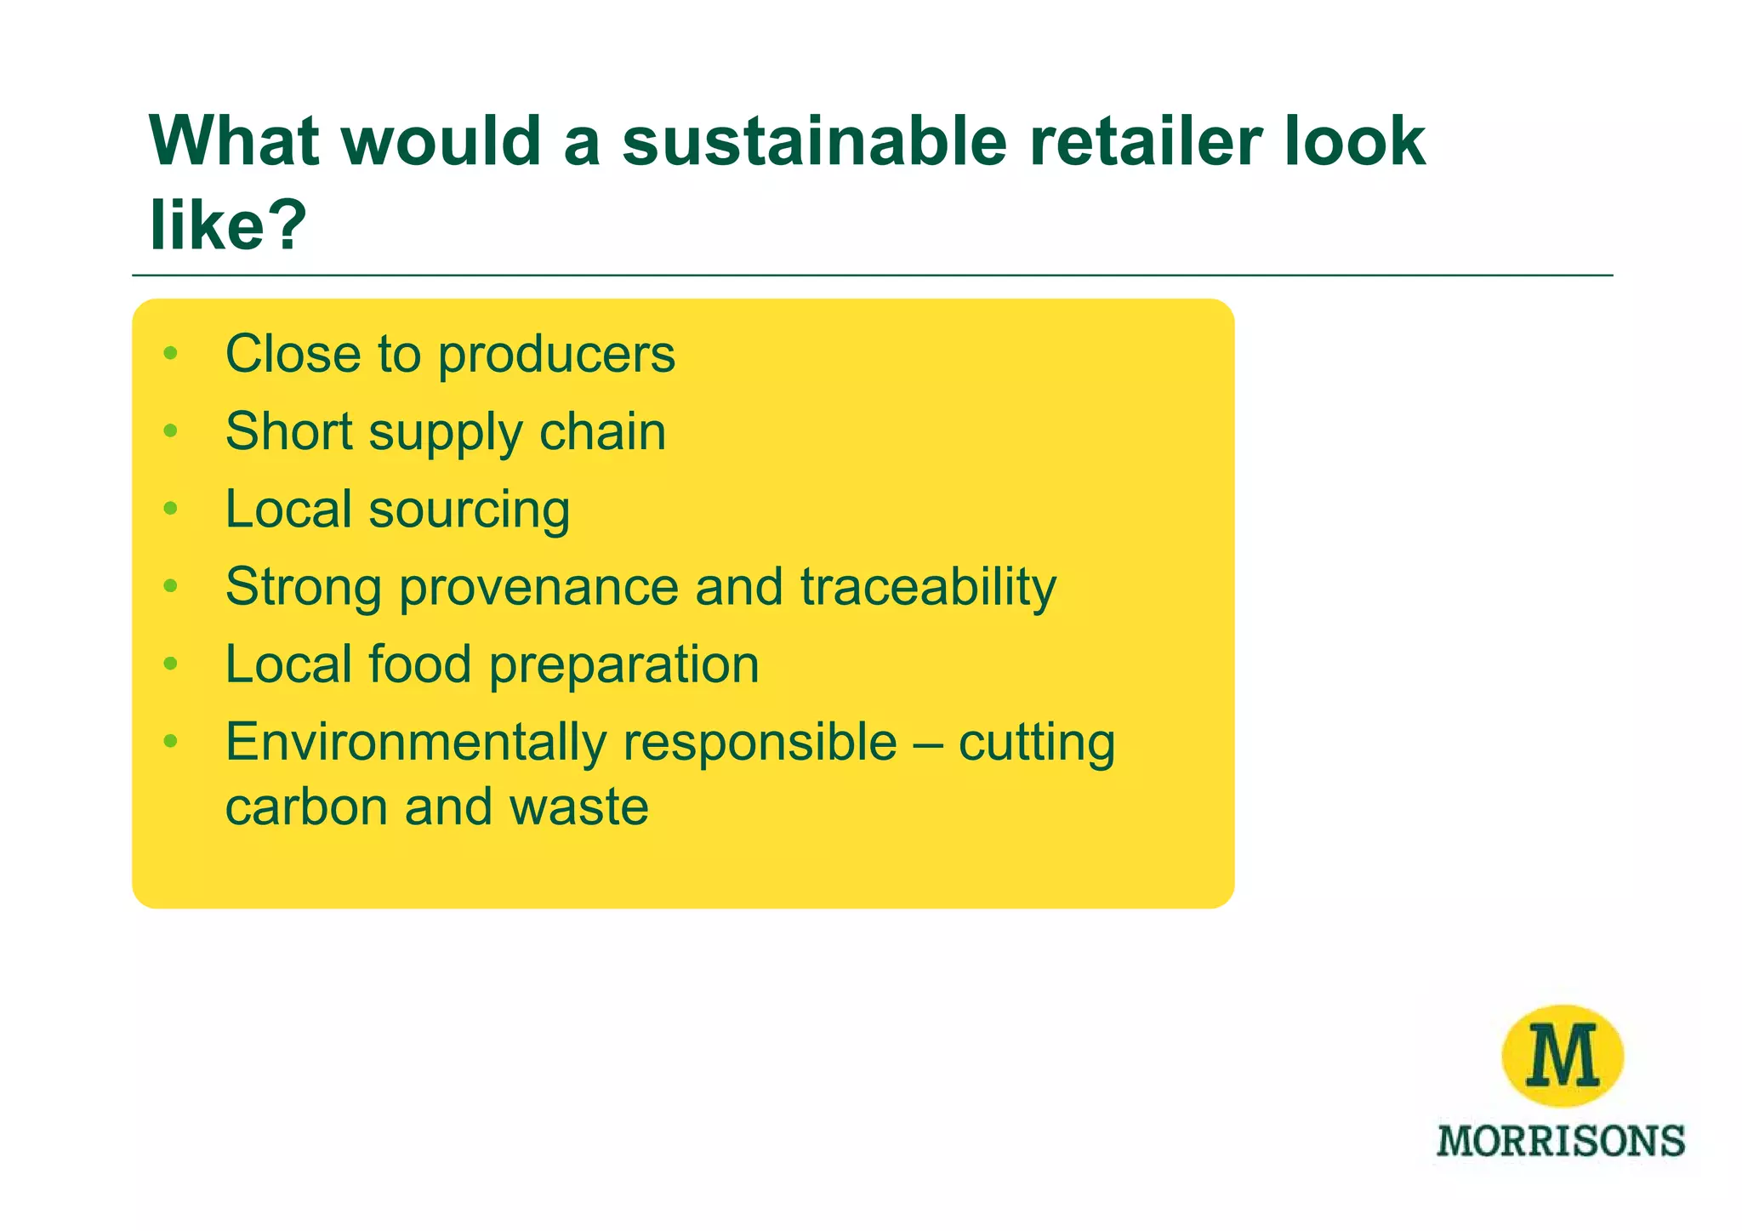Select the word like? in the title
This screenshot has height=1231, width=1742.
pyautogui.click(x=227, y=225)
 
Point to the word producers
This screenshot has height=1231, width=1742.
pyautogui.click(x=556, y=354)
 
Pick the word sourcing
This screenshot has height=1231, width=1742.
pyautogui.click(x=469, y=510)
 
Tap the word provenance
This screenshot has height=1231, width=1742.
pyautogui.click(x=538, y=587)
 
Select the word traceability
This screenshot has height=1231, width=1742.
pyautogui.click(x=928, y=587)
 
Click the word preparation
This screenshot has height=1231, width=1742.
pyautogui.click(x=623, y=664)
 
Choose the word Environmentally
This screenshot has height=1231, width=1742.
pyautogui.click(x=414, y=742)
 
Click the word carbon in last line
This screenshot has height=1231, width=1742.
pyautogui.click(x=305, y=806)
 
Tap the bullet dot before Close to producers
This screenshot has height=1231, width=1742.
pyautogui.click(x=171, y=353)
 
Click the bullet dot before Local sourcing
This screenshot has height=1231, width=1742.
pyautogui.click(x=171, y=509)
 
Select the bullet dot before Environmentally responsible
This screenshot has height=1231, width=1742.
pyautogui.click(x=171, y=741)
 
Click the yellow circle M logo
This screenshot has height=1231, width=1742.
pyautogui.click(x=1563, y=1056)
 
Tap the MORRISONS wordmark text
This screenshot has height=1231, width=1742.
pyautogui.click(x=1561, y=1141)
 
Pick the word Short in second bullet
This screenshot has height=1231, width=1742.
pyautogui.click(x=287, y=431)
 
